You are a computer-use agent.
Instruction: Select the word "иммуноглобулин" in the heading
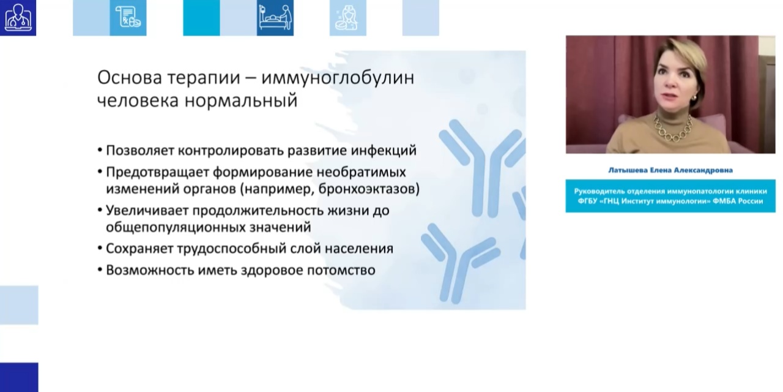click(338, 78)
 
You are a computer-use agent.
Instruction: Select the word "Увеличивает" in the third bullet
click(146, 210)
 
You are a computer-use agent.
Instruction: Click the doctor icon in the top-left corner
click(18, 18)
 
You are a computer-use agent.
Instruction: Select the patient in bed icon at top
click(275, 18)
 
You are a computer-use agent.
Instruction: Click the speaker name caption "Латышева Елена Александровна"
click(670, 170)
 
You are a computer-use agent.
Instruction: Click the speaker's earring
click(696, 98)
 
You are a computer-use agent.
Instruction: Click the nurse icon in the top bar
click(347, 18)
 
